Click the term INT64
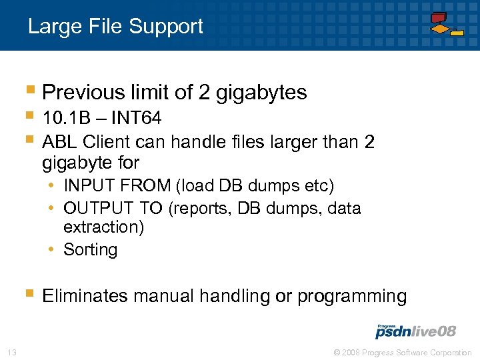click(136, 119)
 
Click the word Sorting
click(90, 250)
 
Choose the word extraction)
click(103, 227)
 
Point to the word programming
click(352, 296)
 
